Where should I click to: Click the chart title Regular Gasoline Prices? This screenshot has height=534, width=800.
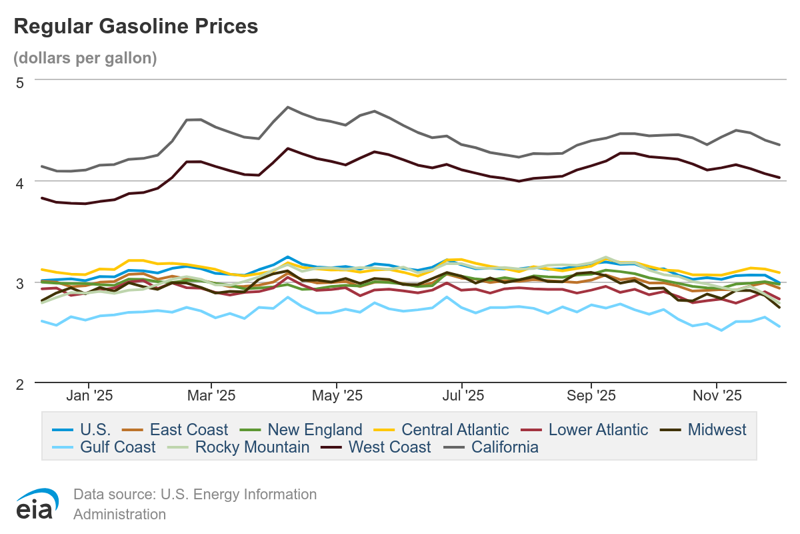(x=135, y=27)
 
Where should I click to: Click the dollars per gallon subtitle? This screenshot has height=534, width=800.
(x=85, y=58)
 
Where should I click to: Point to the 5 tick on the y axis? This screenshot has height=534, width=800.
(x=19, y=82)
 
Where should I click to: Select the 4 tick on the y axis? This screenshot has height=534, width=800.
(x=19, y=182)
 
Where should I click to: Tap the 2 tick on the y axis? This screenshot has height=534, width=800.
(x=19, y=384)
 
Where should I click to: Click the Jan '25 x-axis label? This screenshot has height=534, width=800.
(x=89, y=396)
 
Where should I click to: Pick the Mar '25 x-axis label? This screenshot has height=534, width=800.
(x=211, y=396)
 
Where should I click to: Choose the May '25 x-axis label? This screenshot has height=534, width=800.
(x=337, y=396)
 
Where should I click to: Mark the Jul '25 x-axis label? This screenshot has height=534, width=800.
(x=462, y=396)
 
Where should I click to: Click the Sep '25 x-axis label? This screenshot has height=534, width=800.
(x=591, y=396)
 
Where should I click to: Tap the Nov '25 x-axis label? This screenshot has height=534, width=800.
(x=716, y=396)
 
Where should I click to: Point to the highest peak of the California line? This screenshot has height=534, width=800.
(x=287, y=107)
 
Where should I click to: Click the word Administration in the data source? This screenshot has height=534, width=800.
(x=119, y=515)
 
